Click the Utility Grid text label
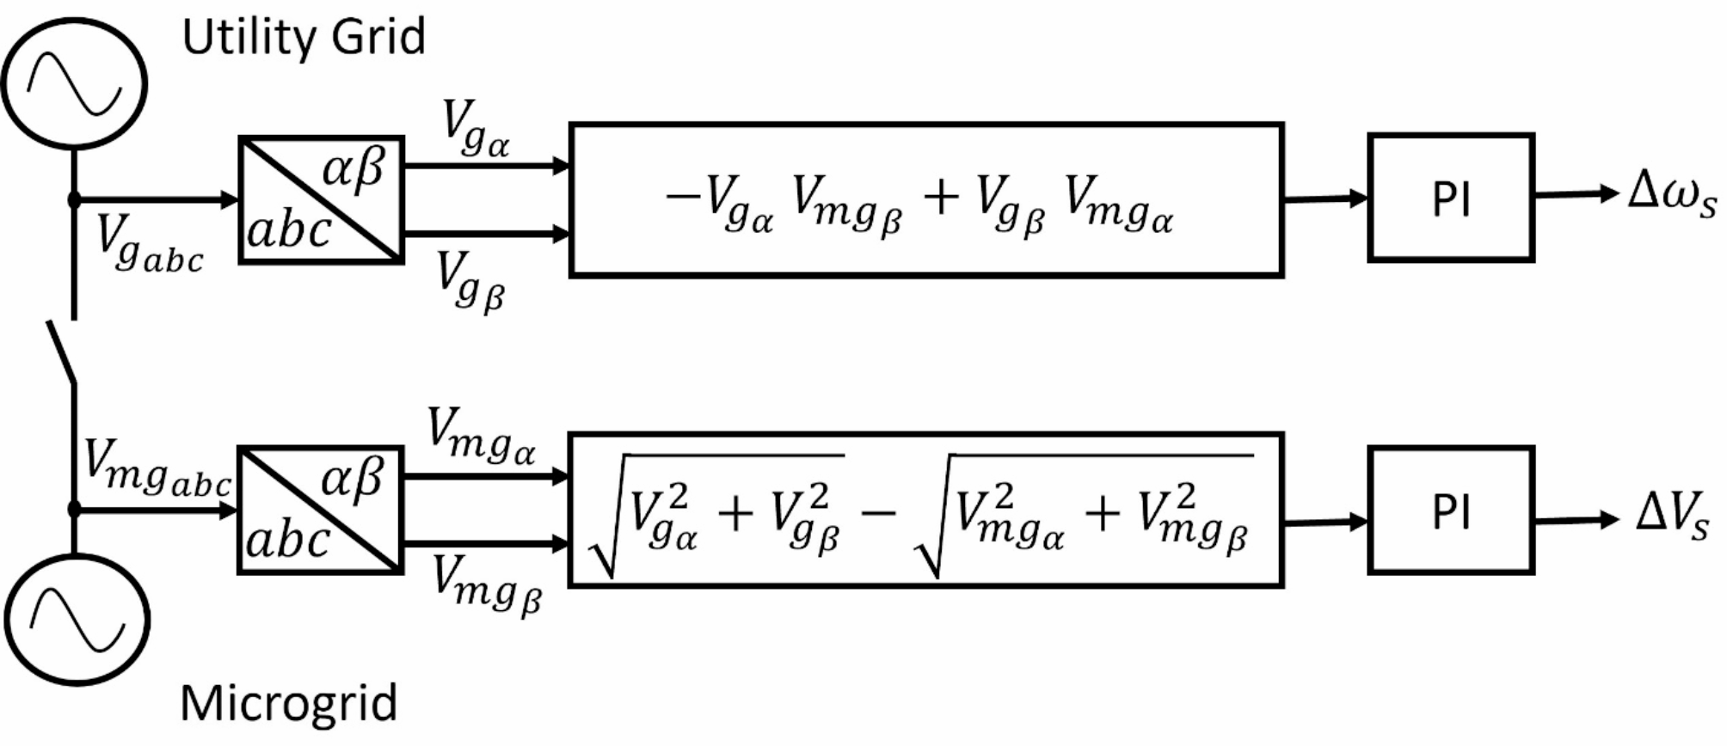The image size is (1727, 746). pyautogui.click(x=304, y=37)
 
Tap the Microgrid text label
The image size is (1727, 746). pyautogui.click(x=289, y=703)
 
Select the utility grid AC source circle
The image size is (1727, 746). pyautogui.click(x=74, y=84)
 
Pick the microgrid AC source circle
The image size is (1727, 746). pyautogui.click(x=77, y=620)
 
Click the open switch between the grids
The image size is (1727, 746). pyautogui.click(x=62, y=352)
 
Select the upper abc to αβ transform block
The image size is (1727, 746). pyautogui.click(x=321, y=199)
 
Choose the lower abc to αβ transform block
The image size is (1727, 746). pyautogui.click(x=320, y=510)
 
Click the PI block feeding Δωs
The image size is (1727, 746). pyautogui.click(x=1451, y=198)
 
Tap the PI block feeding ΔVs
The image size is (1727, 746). pyautogui.click(x=1451, y=510)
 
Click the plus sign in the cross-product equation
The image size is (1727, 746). pyautogui.click(x=941, y=197)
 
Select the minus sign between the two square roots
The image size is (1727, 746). pyautogui.click(x=877, y=513)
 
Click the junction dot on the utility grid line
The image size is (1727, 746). pyautogui.click(x=74, y=200)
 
